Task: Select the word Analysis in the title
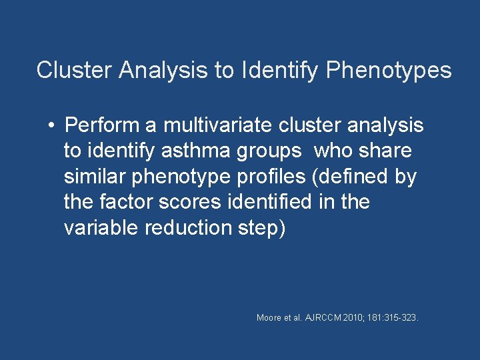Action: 163,70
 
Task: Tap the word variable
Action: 98,227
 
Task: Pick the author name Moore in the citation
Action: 269,318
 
